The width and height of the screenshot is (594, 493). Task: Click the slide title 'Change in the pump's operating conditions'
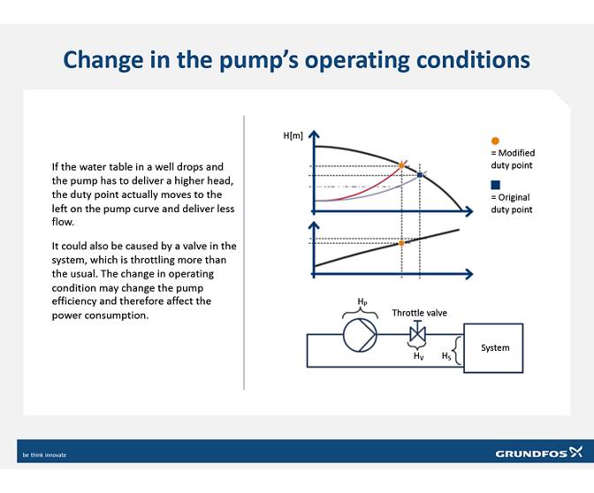tap(297, 59)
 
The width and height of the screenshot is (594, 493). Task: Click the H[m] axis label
tap(293, 135)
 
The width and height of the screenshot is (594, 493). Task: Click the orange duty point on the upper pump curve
tap(401, 165)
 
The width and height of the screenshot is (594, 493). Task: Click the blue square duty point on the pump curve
tap(420, 175)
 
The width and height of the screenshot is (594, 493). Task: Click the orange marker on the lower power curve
tap(401, 243)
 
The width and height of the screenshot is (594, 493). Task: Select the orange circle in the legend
tap(495, 140)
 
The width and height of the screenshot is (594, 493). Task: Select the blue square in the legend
tap(496, 185)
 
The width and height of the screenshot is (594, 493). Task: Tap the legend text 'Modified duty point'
tap(513, 159)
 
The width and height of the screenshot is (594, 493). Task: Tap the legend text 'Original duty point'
tap(512, 203)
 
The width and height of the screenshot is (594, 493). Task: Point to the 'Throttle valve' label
tap(419, 313)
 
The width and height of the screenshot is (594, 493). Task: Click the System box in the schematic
tap(494, 347)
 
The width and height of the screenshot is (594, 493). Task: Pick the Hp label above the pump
tap(362, 302)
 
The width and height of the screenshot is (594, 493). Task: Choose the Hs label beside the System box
tap(447, 356)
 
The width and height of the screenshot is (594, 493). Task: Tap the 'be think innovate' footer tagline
tap(45, 455)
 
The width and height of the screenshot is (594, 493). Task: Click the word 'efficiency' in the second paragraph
tap(74, 301)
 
